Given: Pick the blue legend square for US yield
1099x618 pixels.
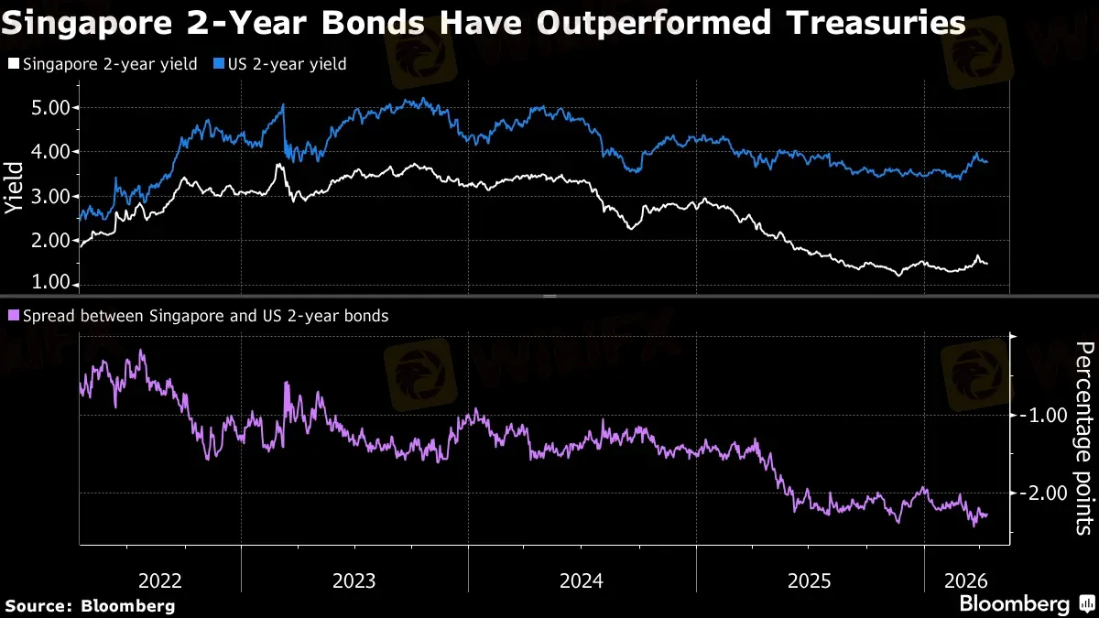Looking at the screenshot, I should click(219, 64).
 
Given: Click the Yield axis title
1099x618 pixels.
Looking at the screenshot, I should click(14, 188).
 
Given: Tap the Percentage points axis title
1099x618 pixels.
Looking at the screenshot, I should click(1083, 438).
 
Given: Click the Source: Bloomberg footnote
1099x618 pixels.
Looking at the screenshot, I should click(90, 605).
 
